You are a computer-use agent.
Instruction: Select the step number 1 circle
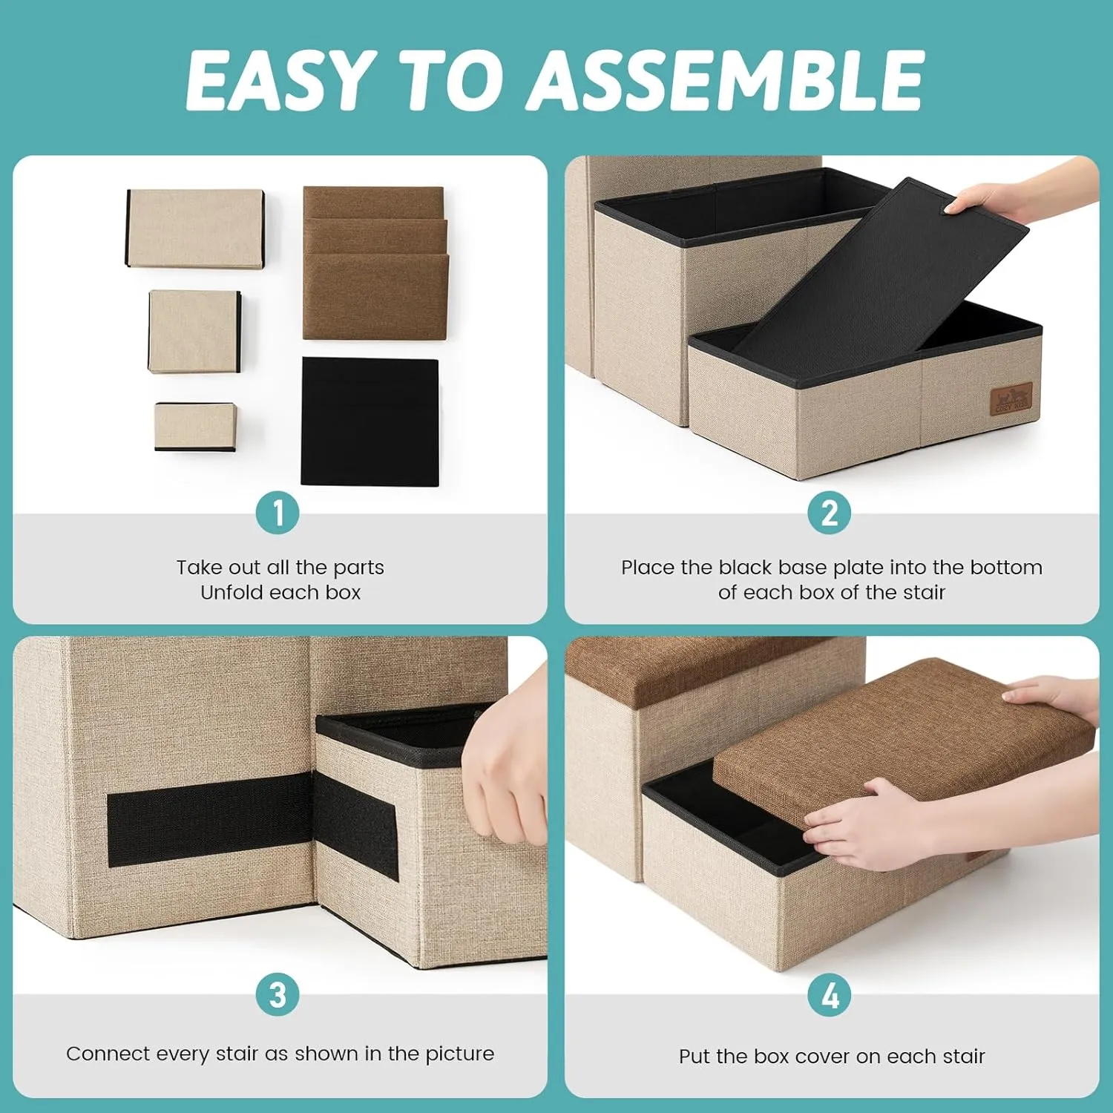point(278,513)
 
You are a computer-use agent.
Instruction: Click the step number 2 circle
point(830,513)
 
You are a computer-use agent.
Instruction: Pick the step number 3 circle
point(278,994)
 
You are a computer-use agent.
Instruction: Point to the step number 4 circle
point(830,994)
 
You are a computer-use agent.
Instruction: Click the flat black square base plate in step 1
point(370,421)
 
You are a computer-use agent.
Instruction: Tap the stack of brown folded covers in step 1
point(375,263)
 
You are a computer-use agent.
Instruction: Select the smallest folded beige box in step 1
point(195,427)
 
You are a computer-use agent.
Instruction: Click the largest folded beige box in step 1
point(195,228)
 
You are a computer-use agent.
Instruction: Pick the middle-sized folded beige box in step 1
point(194,331)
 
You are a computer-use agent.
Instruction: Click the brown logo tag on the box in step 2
point(1011,398)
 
